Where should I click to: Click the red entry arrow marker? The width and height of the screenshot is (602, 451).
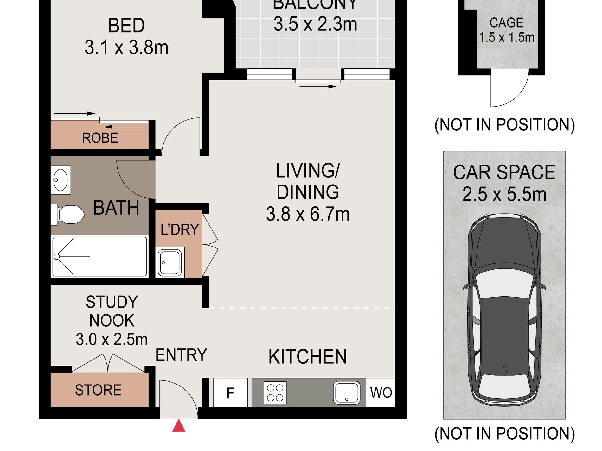pyautogui.click(x=179, y=426)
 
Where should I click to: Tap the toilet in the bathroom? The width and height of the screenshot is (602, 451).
pyautogui.click(x=67, y=215)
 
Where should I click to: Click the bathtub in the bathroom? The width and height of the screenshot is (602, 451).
pyautogui.click(x=100, y=256)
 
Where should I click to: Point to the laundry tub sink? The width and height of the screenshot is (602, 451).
pyautogui.click(x=170, y=262)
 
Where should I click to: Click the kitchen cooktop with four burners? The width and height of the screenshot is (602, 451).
pyautogui.click(x=275, y=393)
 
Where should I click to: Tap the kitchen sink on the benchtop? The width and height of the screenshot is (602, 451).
pyautogui.click(x=347, y=393)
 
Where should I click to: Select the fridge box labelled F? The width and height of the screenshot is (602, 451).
pyautogui.click(x=231, y=392)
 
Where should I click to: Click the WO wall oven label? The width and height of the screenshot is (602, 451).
pyautogui.click(x=381, y=393)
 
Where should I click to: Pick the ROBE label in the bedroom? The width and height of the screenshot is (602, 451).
pyautogui.click(x=100, y=138)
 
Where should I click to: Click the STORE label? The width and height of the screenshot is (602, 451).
pyautogui.click(x=98, y=390)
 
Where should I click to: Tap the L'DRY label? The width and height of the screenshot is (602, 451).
pyautogui.click(x=180, y=229)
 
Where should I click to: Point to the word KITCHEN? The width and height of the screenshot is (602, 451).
pyautogui.click(x=308, y=357)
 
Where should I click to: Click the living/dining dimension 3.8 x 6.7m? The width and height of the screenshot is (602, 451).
pyautogui.click(x=308, y=214)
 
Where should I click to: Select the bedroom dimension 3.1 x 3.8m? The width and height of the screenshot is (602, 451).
pyautogui.click(x=126, y=47)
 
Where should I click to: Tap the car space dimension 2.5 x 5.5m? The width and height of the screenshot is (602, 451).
pyautogui.click(x=504, y=194)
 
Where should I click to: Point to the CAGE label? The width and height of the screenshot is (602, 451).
pyautogui.click(x=506, y=23)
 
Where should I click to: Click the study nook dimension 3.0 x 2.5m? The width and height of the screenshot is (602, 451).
pyautogui.click(x=112, y=339)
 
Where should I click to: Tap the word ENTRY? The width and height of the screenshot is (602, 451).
pyautogui.click(x=181, y=355)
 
